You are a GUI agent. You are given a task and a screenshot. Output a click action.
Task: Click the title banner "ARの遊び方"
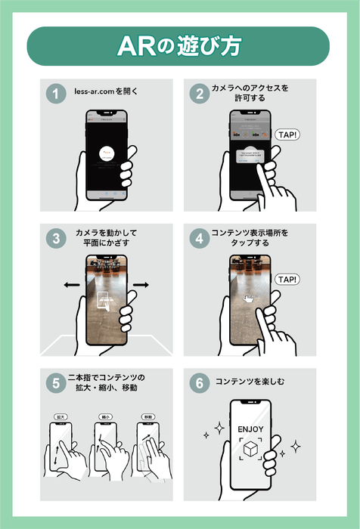[179, 46]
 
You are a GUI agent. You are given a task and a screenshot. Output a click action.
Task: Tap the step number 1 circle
[54, 94]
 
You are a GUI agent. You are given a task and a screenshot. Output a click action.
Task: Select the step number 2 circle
[200, 94]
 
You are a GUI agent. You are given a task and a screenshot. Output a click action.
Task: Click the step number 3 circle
[54, 239]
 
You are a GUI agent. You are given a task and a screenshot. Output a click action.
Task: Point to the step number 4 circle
[200, 239]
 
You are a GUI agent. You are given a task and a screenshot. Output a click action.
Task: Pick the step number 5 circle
[54, 382]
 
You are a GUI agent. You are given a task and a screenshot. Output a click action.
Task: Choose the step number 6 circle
[200, 382]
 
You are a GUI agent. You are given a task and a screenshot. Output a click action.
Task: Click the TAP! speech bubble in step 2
[287, 135]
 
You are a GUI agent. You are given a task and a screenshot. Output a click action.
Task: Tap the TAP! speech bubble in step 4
[287, 280]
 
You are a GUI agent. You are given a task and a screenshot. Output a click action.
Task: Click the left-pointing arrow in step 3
[71, 285]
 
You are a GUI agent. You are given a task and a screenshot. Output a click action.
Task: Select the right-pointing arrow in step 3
[141, 285]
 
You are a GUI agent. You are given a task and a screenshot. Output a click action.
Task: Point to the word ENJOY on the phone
[250, 428]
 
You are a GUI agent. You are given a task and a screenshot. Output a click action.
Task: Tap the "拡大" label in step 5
[60, 416]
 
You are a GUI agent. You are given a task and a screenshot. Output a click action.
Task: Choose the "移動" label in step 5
[147, 416]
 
